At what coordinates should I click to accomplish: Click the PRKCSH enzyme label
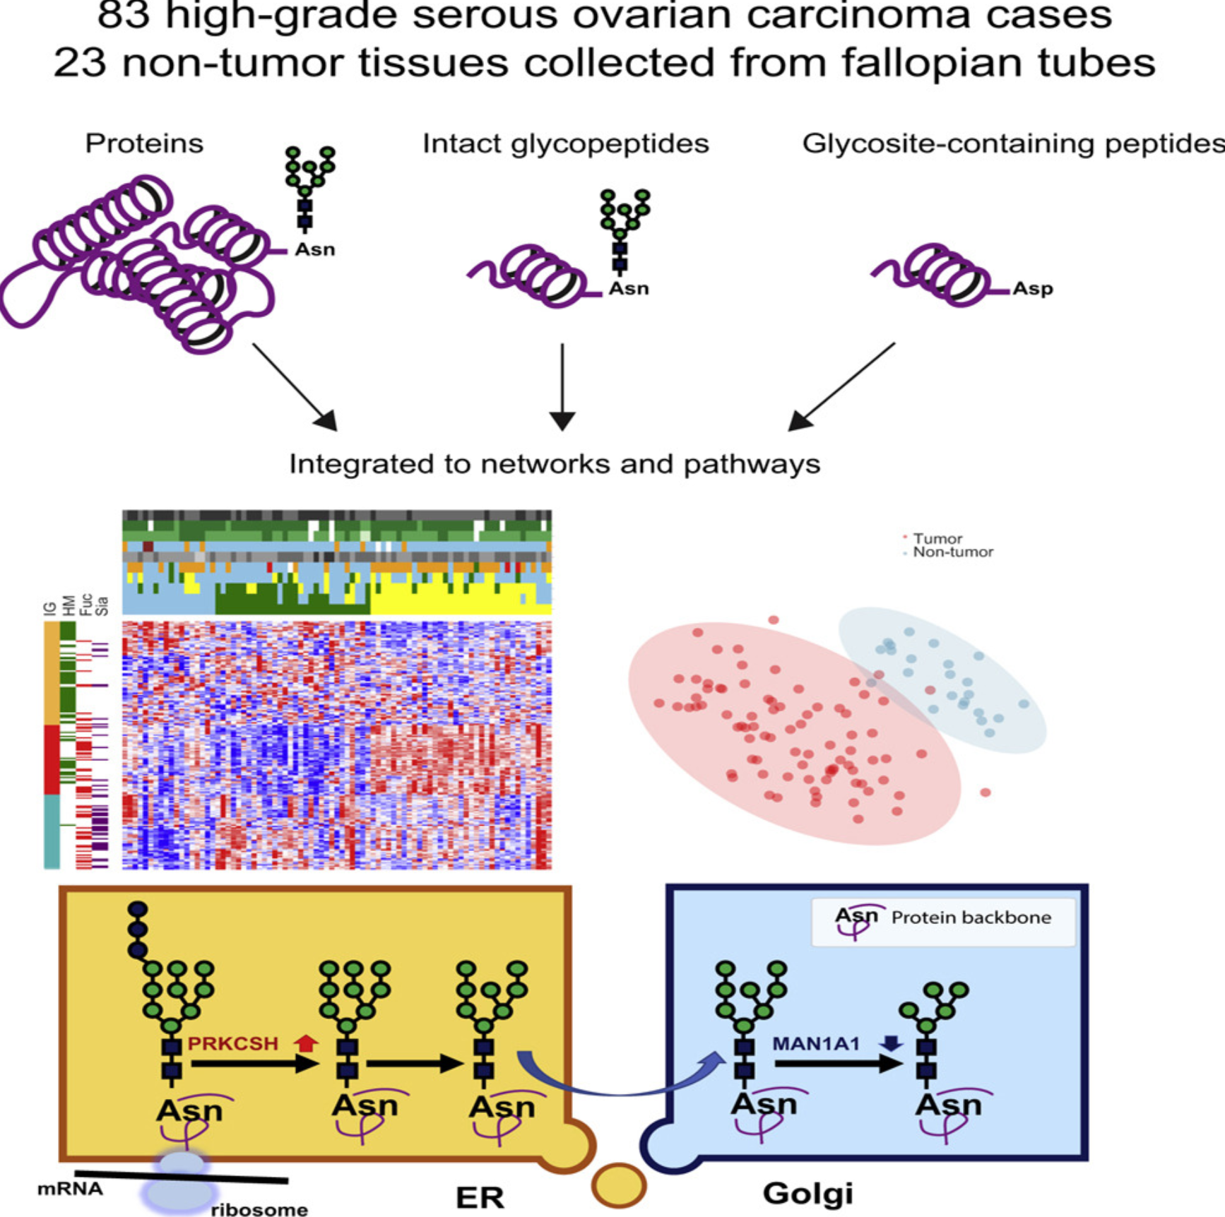232,1043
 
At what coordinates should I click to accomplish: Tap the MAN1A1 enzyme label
815,1043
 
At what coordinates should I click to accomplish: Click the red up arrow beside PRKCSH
305,1043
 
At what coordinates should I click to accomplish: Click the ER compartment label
480,1197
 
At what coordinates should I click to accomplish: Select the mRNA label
70,1189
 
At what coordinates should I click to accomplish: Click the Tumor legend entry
937,538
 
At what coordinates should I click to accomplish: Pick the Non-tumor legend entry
952,552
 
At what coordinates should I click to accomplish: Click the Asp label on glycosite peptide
1032,288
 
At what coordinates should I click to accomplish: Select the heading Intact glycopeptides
565,143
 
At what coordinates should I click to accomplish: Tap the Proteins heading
144,143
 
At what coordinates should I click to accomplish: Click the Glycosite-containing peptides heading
1013,143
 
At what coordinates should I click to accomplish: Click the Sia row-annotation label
102,606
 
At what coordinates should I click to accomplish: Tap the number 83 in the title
123,16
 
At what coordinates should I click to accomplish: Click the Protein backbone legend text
971,918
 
